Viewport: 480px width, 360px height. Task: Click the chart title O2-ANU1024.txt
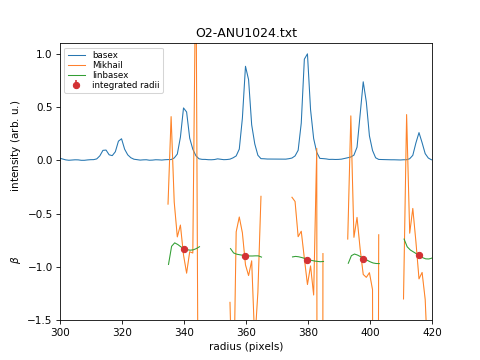tap(246, 33)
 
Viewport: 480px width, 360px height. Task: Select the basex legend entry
tap(105, 55)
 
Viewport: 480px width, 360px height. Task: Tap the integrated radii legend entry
tap(122, 85)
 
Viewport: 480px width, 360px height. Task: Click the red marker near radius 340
tap(184, 249)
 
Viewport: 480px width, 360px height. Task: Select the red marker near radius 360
tap(245, 256)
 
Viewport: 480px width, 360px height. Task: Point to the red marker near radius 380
tap(307, 260)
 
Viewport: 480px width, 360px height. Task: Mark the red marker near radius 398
tap(363, 259)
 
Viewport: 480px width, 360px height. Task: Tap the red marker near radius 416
tap(419, 255)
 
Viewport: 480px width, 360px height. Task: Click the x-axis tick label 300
tap(60, 331)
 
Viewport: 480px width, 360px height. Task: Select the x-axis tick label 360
tap(246, 331)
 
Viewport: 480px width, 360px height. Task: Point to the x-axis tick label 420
tap(432, 331)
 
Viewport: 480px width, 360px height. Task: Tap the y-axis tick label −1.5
tap(41, 320)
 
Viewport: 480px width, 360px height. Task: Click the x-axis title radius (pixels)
tap(246, 346)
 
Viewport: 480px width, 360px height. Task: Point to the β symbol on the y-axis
tap(15, 259)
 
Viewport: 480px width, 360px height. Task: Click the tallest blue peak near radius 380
tap(306, 55)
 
